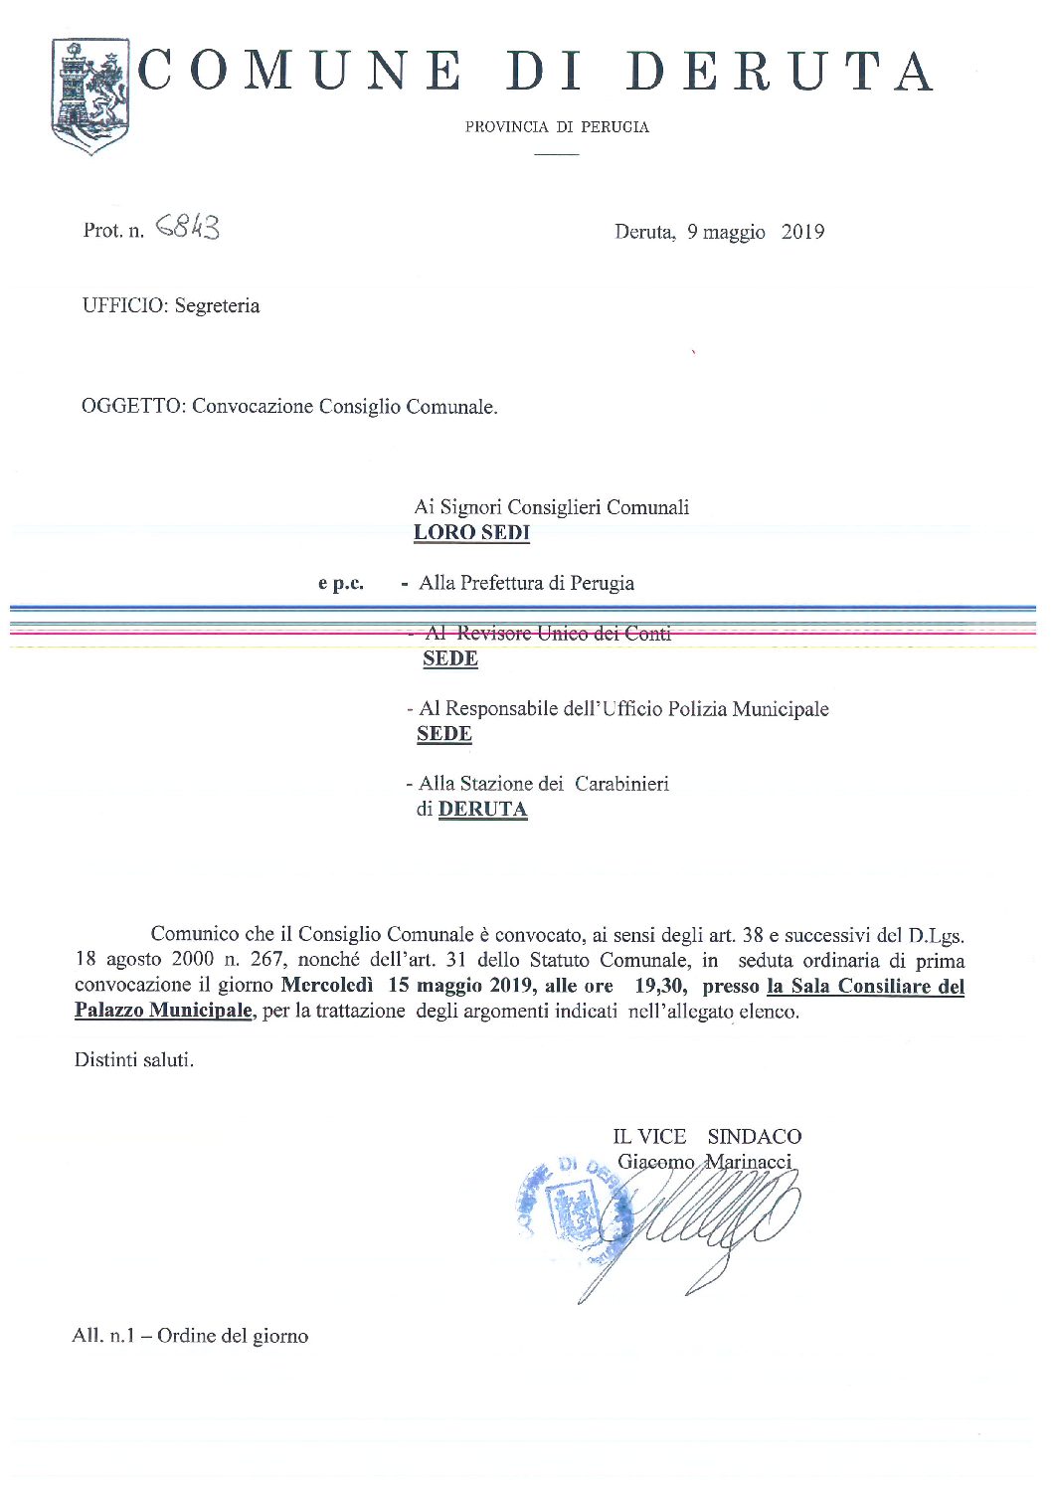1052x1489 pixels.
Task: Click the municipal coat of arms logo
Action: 89,96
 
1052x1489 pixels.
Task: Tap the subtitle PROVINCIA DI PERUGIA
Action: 557,127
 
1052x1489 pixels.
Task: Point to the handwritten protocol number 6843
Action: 188,229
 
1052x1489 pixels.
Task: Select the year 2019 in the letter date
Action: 802,232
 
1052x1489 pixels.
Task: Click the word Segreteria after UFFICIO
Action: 217,306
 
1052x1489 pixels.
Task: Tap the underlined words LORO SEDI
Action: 471,533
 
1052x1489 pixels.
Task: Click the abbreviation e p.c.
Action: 341,584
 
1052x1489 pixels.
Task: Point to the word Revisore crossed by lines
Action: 493,634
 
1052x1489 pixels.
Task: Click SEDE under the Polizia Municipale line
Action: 443,735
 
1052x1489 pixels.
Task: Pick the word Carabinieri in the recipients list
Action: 622,784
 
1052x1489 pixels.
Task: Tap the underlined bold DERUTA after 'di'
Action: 482,810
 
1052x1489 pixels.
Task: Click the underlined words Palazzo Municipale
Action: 163,1012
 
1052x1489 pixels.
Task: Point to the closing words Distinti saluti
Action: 134,1060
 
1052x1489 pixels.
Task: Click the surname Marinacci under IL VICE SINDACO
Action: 748,1162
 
